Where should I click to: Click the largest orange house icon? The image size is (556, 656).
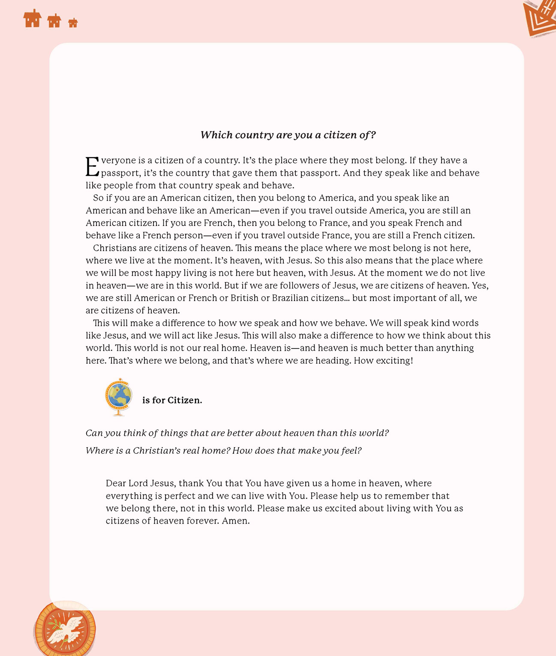32,18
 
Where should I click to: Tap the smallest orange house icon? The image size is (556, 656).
73,23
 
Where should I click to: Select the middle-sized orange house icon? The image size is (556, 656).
54,21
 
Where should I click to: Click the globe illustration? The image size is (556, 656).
118,397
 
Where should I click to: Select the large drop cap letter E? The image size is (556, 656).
92,167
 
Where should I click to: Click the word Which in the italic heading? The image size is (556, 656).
216,135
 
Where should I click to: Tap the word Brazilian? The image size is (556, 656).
290,298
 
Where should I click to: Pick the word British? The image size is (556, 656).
244,298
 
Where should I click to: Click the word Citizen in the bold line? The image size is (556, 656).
184,400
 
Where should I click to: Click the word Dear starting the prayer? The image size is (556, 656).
116,483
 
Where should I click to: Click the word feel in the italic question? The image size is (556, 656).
351,451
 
